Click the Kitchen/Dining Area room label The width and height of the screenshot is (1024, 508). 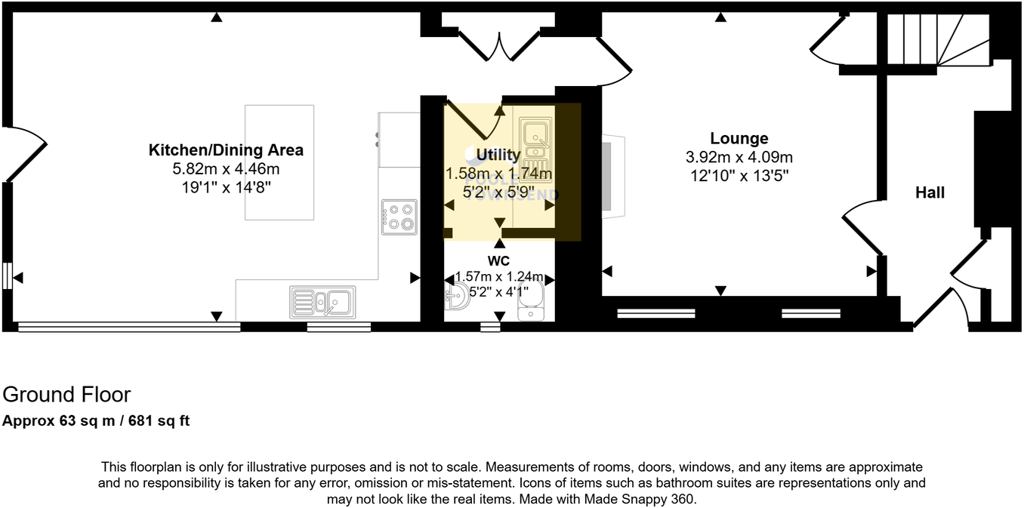pos(226,149)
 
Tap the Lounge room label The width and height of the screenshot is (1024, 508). pos(739,138)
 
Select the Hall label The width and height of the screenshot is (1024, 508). pos(930,192)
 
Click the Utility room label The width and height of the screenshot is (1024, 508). pos(498,155)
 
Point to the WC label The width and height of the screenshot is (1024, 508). pos(498,261)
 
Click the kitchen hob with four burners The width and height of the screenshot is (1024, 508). pos(399,217)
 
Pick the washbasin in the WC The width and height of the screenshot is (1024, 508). pos(458,297)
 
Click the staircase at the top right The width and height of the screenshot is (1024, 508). pos(936,39)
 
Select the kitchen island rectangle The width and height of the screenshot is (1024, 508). pos(279,162)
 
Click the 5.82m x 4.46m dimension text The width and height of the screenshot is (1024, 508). pos(226,169)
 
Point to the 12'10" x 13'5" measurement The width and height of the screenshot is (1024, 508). pos(740,175)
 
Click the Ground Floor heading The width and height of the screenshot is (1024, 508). pos(66,395)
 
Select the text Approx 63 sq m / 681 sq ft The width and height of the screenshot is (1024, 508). pos(96,421)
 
